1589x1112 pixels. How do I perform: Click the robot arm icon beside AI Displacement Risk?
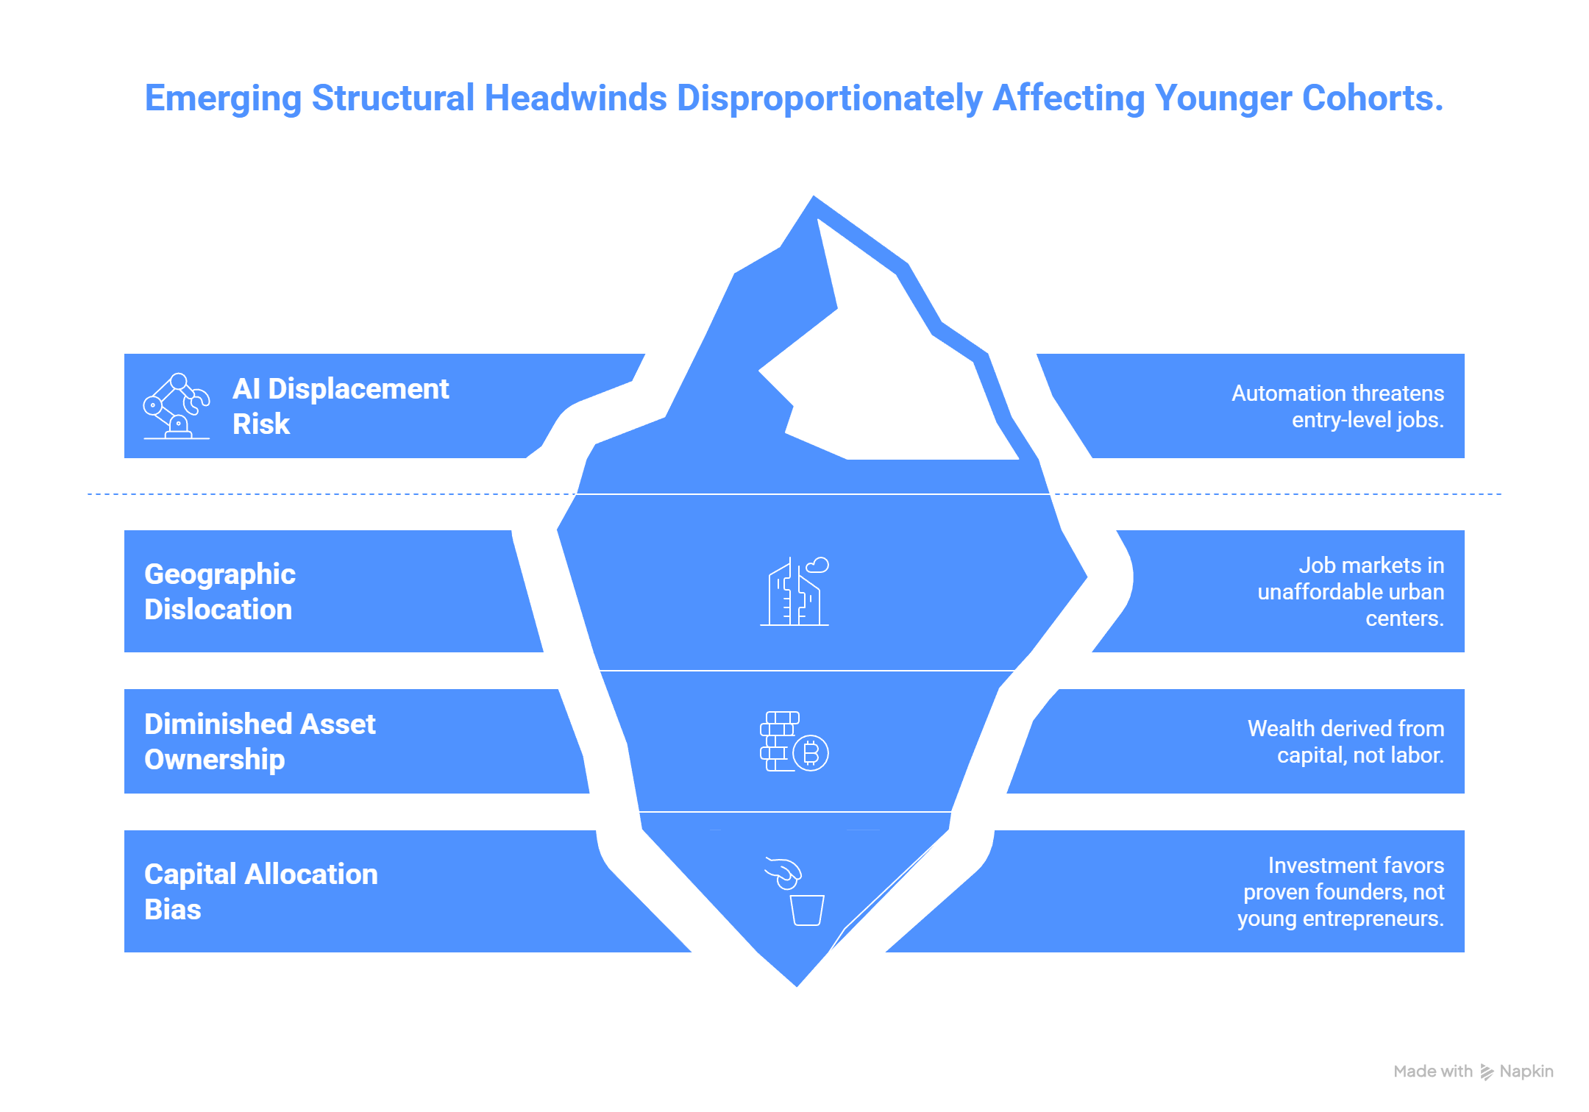(177, 406)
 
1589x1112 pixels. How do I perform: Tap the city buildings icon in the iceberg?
(794, 593)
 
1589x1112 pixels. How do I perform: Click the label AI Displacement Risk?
(340, 406)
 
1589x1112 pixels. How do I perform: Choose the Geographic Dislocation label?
(220, 591)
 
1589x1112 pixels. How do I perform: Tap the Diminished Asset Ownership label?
(260, 741)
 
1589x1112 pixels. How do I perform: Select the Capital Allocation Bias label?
(261, 891)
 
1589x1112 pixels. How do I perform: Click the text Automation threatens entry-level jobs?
(1337, 407)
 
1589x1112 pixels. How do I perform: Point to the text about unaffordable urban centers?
(1351, 592)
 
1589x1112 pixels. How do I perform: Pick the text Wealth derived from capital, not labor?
(1346, 741)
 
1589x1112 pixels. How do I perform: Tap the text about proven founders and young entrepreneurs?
(1340, 892)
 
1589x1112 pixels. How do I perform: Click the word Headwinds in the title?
(575, 98)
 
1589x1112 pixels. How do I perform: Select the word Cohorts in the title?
(1372, 98)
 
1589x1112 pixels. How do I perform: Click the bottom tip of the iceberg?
(797, 986)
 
